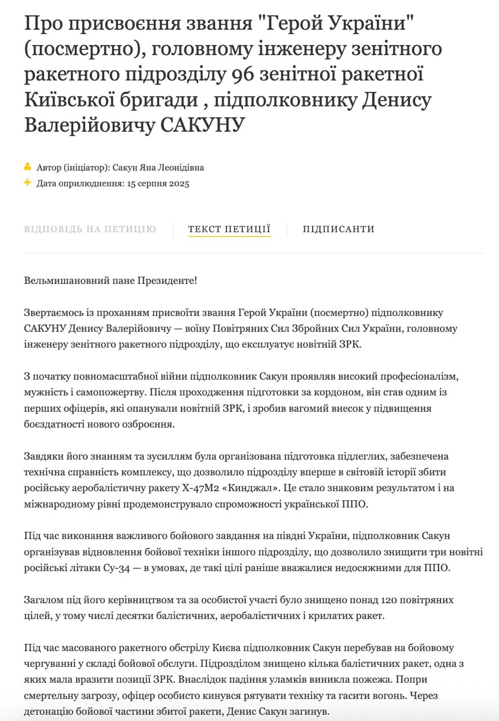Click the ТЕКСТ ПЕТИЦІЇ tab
coord(229,229)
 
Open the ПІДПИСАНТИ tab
coord(338,229)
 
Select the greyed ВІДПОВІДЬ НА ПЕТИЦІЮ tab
coord(90,229)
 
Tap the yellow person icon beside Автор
coord(28,167)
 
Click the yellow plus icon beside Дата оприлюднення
coord(28,183)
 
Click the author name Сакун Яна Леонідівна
coord(158,168)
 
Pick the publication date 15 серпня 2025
coord(158,184)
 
